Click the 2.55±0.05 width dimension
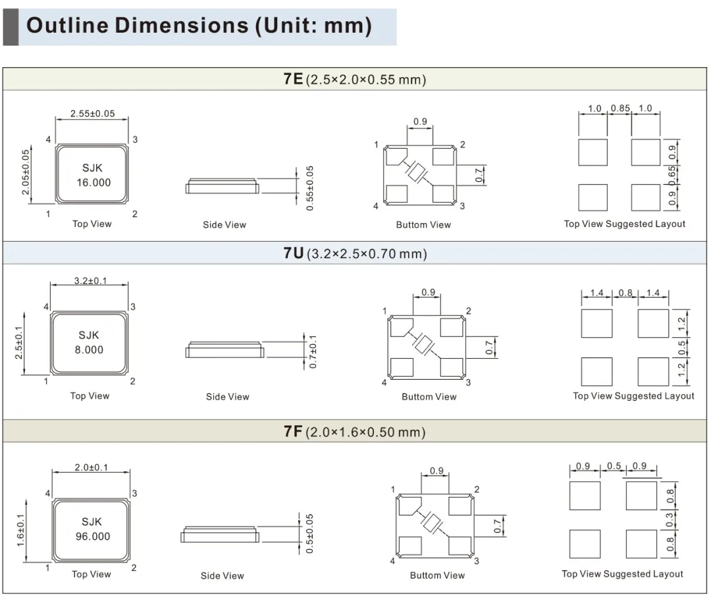coord(93,113)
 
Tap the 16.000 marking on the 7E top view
coord(93,182)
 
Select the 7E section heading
coord(355,79)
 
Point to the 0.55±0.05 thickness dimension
coord(309,188)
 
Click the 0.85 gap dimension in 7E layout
coord(620,109)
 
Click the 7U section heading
coord(355,253)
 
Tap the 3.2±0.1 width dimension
coord(91,280)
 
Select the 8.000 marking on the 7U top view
coord(89,350)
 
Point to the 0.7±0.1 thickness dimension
coord(313,352)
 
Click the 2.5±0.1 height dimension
coord(18,343)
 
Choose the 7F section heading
coord(355,431)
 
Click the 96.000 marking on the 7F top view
coord(93,537)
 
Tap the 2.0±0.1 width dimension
coord(92,467)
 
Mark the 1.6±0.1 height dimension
coord(21,530)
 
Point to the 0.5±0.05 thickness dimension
coord(309,533)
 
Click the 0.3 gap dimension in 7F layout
coord(670,519)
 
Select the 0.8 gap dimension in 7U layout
coord(625,292)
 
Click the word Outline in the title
coord(68,25)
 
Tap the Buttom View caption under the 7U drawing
coord(429,397)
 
